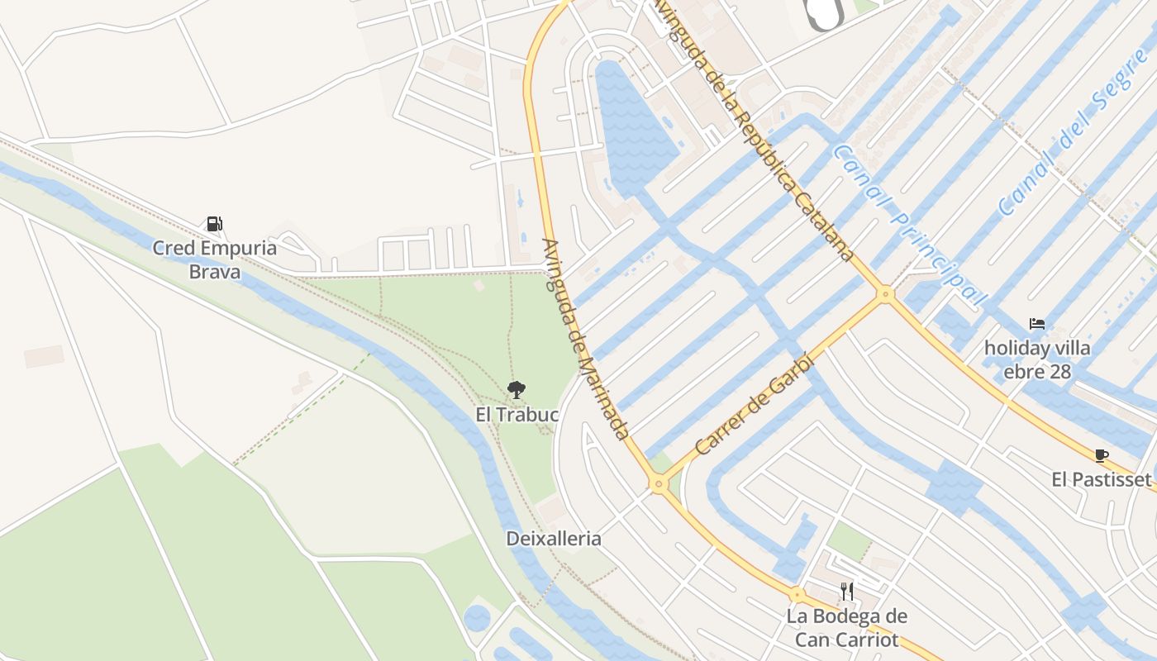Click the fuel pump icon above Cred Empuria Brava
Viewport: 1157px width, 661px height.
tap(214, 223)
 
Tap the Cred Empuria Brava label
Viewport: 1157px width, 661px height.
tap(214, 259)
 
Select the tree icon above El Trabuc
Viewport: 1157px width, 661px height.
tap(517, 389)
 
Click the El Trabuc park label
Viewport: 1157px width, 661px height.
tap(517, 414)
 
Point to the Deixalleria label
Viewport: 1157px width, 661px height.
tap(554, 539)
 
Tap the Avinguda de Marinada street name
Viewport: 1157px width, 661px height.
tap(584, 339)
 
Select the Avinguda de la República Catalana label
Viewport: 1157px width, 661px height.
tap(754, 132)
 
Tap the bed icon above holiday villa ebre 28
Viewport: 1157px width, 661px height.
tap(1037, 323)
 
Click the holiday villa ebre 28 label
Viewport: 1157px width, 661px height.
tap(1037, 359)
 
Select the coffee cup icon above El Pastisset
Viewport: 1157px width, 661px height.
tap(1101, 455)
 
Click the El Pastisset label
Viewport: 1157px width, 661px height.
tap(1101, 479)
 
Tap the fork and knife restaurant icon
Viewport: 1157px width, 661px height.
tap(846, 591)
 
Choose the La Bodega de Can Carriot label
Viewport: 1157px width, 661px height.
tap(846, 628)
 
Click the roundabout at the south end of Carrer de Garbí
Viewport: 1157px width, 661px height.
tap(659, 484)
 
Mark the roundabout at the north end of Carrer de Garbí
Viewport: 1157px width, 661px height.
tap(886, 293)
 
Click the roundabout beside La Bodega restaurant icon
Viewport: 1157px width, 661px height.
tap(797, 594)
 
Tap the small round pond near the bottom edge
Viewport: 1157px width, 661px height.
tap(477, 618)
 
